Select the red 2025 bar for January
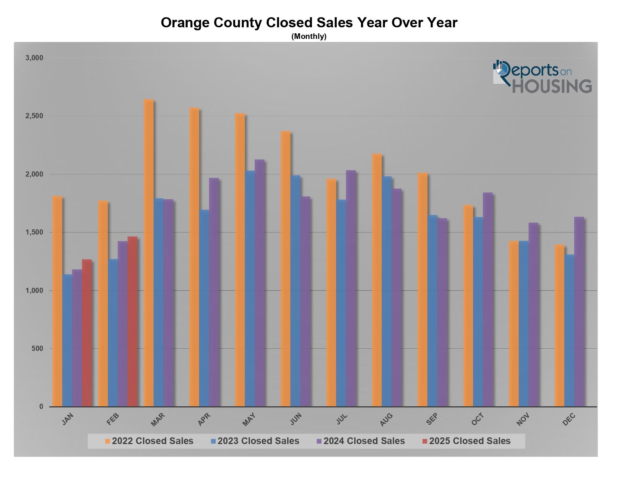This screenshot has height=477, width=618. (87, 333)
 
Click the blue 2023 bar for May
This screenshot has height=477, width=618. (250, 288)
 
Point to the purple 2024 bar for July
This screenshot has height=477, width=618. (351, 288)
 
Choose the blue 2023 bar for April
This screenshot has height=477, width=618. (204, 308)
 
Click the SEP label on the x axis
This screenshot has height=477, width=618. (431, 419)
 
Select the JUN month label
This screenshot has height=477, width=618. (296, 419)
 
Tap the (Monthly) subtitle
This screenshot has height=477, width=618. (309, 37)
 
